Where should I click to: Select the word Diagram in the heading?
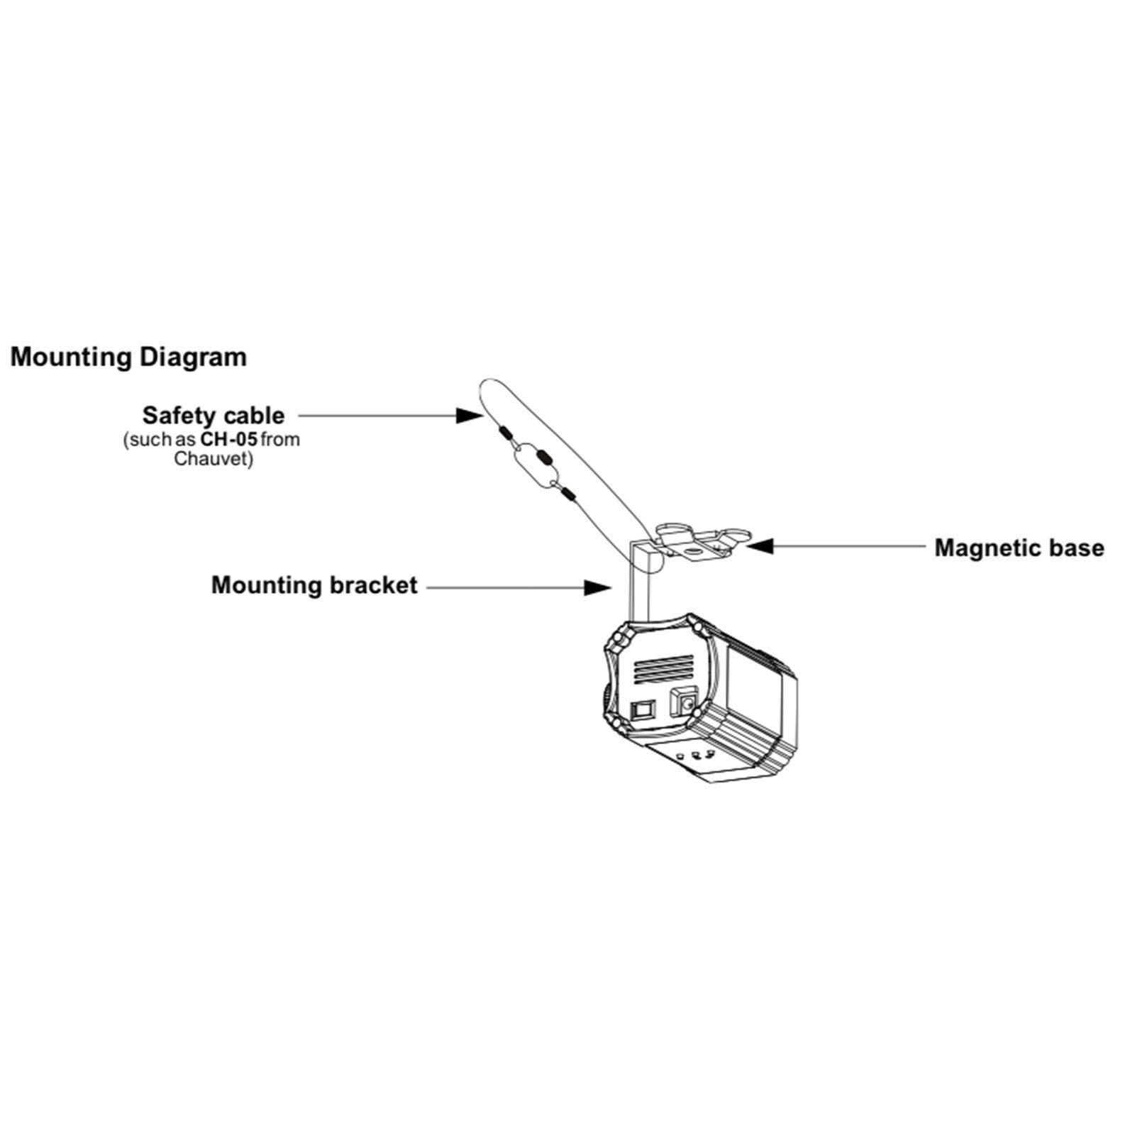tap(193, 357)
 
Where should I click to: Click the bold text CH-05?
tap(228, 439)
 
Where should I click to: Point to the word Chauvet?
tap(213, 458)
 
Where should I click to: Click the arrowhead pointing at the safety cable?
tap(468, 415)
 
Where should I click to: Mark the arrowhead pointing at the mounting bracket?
tap(597, 587)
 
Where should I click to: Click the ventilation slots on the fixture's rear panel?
tap(663, 669)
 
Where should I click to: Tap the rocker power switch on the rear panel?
tap(644, 709)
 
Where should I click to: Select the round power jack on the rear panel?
tap(685, 704)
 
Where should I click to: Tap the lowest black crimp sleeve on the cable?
tap(567, 492)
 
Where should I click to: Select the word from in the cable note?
tap(280, 439)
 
